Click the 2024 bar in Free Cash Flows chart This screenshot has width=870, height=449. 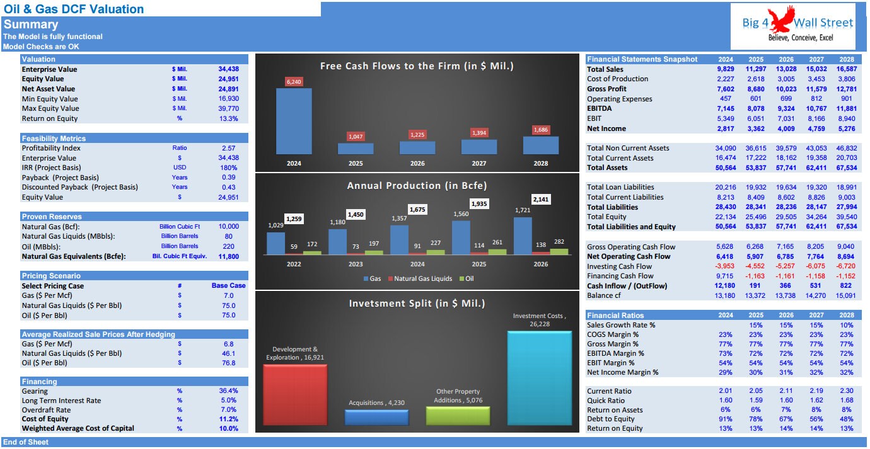click(x=294, y=121)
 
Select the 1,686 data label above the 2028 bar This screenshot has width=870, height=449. click(x=541, y=130)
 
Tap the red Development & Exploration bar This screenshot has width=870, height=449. click(x=295, y=395)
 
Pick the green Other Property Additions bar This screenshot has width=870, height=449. click(x=458, y=416)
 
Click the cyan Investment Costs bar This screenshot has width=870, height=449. click(x=540, y=378)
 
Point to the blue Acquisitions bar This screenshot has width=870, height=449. click(x=376, y=418)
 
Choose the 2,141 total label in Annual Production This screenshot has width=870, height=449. click(x=541, y=199)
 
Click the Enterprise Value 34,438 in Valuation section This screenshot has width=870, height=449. click(x=228, y=69)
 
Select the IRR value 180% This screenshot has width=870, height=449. click(x=229, y=168)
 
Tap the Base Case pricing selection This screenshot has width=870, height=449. click(x=228, y=285)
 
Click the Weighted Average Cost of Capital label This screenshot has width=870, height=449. click(x=78, y=428)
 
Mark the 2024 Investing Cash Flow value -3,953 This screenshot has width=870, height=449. click(x=725, y=266)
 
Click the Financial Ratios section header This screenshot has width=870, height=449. click(x=615, y=315)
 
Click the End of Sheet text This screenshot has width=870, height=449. click(x=26, y=442)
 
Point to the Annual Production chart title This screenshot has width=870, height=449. click(x=417, y=186)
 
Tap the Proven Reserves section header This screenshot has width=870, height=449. click(x=52, y=217)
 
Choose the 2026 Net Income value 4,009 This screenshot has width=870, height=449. click(x=786, y=128)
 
